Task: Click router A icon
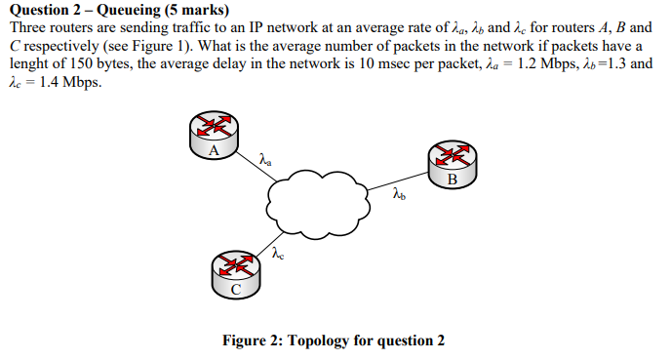pos(214,136)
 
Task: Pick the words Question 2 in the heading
pos(43,11)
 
